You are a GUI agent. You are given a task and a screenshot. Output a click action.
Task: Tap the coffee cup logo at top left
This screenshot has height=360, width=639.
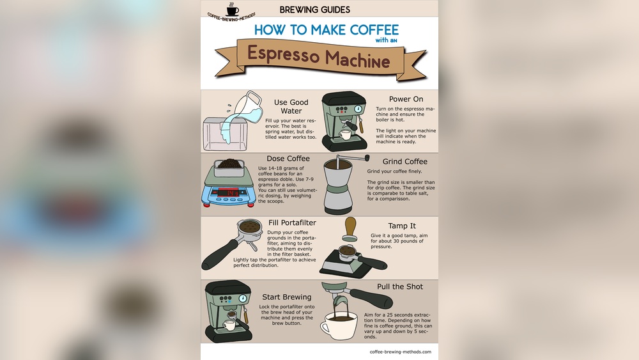coord(232,10)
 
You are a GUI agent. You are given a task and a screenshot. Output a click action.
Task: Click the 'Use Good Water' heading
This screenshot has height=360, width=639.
coord(291,106)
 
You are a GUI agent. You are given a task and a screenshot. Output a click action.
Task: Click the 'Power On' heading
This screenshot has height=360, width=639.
coord(406,99)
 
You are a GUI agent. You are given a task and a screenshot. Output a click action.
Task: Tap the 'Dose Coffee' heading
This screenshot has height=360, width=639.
coord(288,159)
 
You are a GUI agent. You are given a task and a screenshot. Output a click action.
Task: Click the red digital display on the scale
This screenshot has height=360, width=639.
coord(228,192)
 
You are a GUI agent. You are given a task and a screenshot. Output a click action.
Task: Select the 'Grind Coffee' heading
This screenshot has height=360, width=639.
coord(404,162)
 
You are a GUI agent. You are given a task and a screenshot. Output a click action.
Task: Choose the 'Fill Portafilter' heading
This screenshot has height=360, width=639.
coord(292,223)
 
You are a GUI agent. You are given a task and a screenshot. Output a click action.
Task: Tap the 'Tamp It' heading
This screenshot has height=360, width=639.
coord(402,226)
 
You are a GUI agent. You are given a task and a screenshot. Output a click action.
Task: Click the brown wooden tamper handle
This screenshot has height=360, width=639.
coord(350,227)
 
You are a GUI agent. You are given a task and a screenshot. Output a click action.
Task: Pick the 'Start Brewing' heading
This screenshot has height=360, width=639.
coord(287,297)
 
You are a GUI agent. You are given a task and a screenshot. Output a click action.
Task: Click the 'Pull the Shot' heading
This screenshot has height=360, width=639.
coord(400,286)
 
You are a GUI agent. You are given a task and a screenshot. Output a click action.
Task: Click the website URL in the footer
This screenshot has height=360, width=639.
coord(400,352)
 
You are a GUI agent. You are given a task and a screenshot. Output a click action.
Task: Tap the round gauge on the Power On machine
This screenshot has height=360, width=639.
coord(359,108)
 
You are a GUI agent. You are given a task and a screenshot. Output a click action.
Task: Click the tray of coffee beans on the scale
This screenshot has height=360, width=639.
coord(228,168)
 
